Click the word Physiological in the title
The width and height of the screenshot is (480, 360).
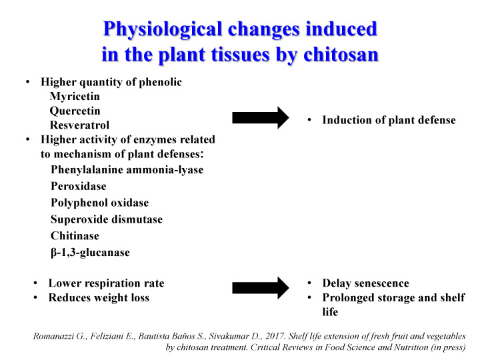(x=163, y=30)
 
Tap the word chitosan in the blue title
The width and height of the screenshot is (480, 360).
(x=341, y=55)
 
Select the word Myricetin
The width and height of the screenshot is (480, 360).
(x=75, y=97)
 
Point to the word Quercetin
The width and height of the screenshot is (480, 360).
(x=75, y=111)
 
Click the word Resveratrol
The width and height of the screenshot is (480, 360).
(x=79, y=125)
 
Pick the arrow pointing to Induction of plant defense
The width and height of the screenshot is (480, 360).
(x=261, y=117)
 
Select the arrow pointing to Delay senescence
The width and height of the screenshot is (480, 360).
(x=261, y=288)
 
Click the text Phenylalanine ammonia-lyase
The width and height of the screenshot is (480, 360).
(x=127, y=170)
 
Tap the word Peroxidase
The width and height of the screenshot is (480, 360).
(x=79, y=186)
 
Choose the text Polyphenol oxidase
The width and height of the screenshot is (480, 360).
(x=100, y=203)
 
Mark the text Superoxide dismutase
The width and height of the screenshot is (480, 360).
(x=107, y=219)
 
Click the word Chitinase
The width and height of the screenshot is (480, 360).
(x=75, y=236)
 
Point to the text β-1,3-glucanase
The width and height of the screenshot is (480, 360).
(x=90, y=253)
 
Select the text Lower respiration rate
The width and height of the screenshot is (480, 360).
(x=106, y=283)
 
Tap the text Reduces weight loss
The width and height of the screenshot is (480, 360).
(x=99, y=298)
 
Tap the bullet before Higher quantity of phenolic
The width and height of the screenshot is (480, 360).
(x=28, y=82)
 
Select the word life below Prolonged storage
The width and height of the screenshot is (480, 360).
(x=330, y=312)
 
